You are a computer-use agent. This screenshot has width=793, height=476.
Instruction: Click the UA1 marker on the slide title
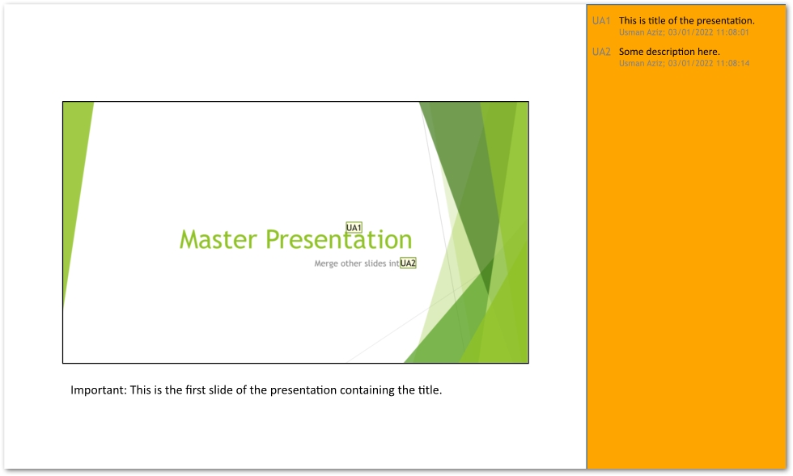[354, 228]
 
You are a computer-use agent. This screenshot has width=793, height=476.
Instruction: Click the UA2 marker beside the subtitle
[408, 263]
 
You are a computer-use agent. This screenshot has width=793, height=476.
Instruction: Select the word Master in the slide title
[219, 240]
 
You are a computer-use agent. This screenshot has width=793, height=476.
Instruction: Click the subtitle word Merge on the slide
[326, 263]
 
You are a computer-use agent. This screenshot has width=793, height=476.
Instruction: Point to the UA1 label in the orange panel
[601, 20]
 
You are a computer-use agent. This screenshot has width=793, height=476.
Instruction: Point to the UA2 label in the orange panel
[601, 52]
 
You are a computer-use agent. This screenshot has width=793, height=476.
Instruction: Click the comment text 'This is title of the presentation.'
[686, 20]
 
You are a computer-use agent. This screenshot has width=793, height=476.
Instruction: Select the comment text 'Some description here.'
[669, 52]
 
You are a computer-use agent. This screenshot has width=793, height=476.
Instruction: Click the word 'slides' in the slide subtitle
[374, 263]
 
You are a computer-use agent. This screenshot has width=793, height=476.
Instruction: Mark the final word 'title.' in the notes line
[430, 390]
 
